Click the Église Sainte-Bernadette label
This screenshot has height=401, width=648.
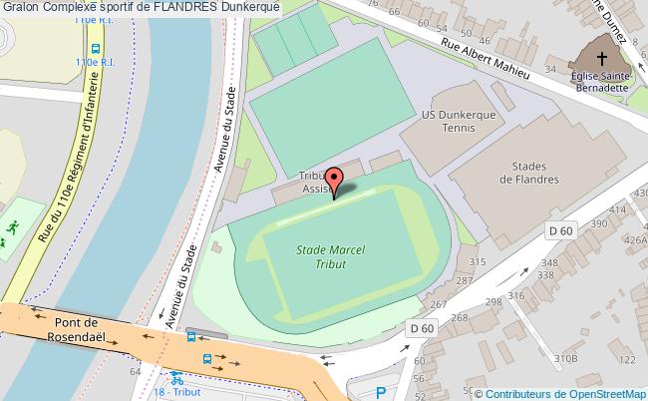pos(599,79)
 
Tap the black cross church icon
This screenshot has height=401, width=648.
pos(601,54)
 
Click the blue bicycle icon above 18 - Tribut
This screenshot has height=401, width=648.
pos(177,380)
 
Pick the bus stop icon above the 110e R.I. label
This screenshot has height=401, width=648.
pos(95,47)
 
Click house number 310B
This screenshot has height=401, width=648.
pos(566,357)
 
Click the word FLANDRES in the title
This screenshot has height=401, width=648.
pos(186,7)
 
